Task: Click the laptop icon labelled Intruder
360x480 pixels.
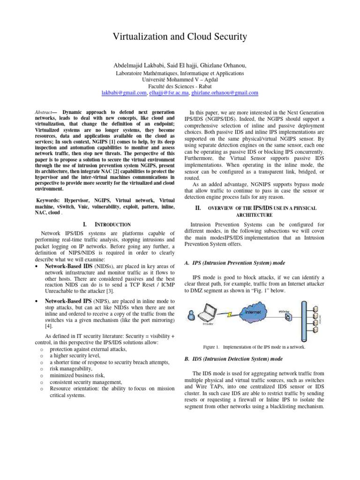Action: point(210,312)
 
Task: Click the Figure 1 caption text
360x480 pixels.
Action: point(254,347)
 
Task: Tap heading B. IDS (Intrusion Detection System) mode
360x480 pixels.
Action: point(233,359)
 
